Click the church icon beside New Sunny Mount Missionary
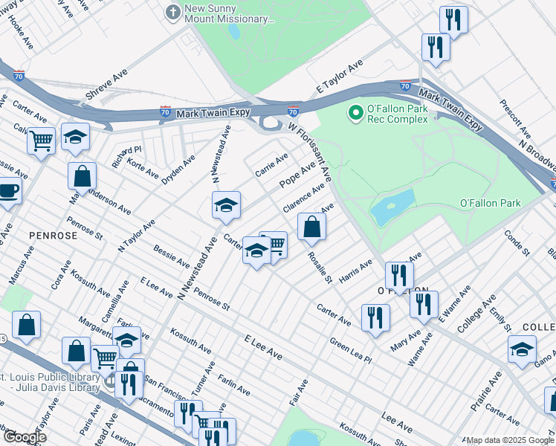click(x=172, y=12)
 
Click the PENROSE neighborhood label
click(x=53, y=235)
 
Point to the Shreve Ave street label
click(x=106, y=85)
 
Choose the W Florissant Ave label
click(x=311, y=152)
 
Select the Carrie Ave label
click(x=271, y=162)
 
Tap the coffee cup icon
click(x=9, y=190)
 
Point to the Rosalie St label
click(x=320, y=267)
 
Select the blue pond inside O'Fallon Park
click(x=392, y=207)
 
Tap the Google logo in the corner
click(x=25, y=437)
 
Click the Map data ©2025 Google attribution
click(x=509, y=440)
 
